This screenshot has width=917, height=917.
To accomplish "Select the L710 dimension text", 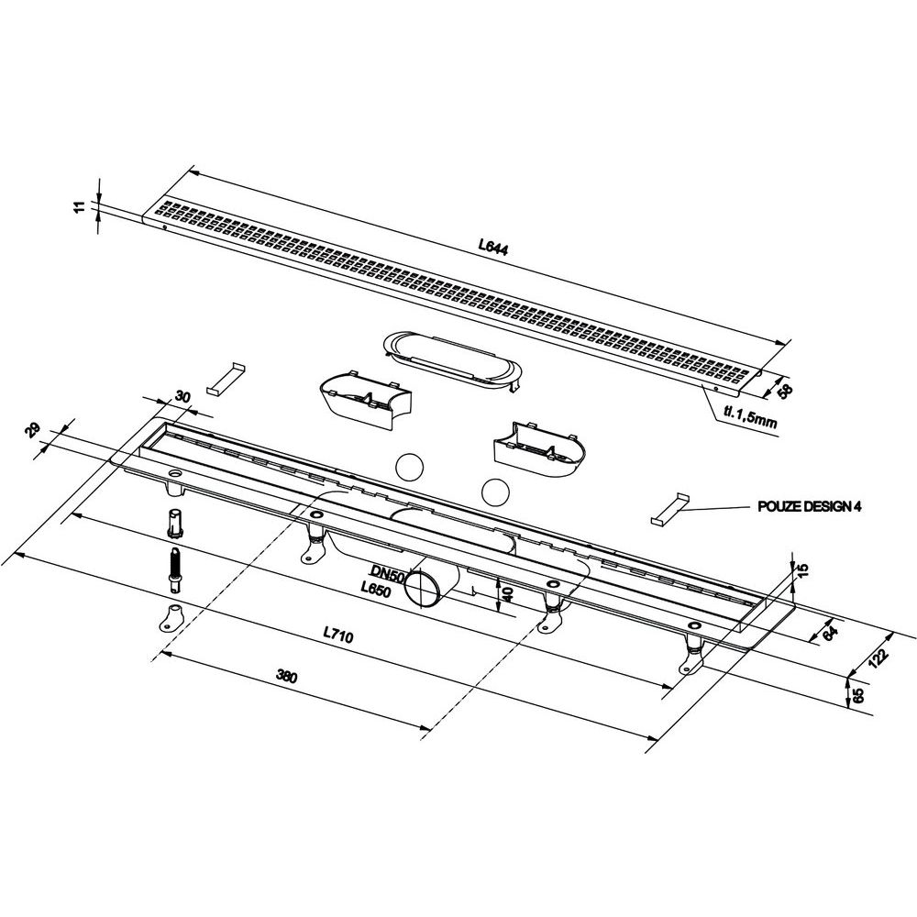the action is tap(338, 635).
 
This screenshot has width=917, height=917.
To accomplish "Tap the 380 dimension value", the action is tap(286, 677).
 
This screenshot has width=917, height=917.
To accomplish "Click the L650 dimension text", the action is tap(375, 590).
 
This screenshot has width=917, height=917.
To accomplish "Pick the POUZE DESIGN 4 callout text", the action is tap(810, 506).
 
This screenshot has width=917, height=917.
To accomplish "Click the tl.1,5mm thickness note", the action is tap(750, 417).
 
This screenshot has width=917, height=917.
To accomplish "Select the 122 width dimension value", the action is tap(878, 657).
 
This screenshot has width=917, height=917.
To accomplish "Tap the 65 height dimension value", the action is tap(858, 695).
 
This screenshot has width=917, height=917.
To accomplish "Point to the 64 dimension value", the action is tap(830, 633).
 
